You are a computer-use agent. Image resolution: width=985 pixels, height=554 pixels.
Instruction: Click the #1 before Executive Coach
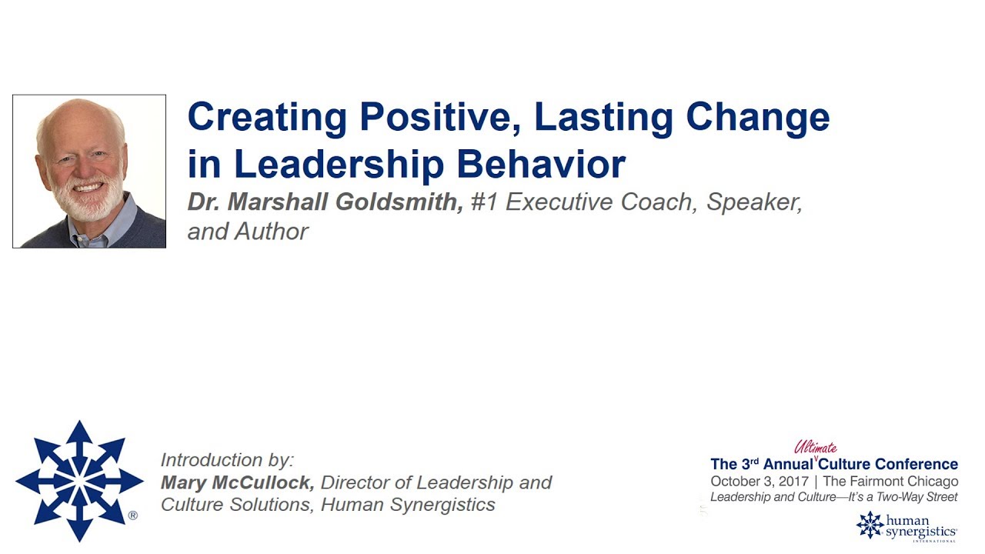(x=484, y=202)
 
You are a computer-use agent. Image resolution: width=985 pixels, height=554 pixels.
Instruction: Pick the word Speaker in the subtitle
(x=754, y=202)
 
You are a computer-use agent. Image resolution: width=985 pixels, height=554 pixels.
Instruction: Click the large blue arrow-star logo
(x=78, y=481)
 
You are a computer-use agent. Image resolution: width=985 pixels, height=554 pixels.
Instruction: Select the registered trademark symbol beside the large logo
(x=133, y=516)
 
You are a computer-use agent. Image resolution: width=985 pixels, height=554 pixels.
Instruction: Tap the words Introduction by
(x=227, y=460)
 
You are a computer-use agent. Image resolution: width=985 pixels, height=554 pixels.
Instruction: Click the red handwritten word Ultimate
(x=815, y=448)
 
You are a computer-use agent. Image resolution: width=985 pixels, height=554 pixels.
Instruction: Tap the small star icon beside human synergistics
(x=870, y=525)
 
